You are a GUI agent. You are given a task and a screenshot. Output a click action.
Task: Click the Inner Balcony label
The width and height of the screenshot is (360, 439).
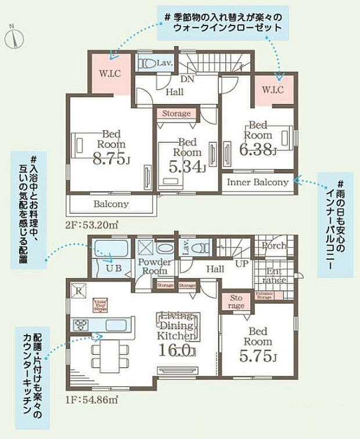tap(257, 182)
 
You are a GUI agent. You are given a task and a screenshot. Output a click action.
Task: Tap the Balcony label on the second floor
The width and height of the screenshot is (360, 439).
tap(111, 204)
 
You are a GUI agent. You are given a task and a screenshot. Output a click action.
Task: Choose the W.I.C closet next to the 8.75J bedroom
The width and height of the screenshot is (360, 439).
tap(109, 74)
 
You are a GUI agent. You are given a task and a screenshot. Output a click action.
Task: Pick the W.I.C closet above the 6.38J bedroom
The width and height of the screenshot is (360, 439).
tap(272, 90)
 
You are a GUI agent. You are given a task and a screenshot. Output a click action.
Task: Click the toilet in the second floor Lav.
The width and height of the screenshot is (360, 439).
tap(147, 63)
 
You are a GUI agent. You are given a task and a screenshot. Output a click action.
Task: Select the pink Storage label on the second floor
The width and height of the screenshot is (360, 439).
tap(176, 114)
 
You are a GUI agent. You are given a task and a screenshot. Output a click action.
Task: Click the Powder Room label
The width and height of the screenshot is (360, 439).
tap(154, 267)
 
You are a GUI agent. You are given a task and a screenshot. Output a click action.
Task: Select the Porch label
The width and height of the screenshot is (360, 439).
tap(273, 246)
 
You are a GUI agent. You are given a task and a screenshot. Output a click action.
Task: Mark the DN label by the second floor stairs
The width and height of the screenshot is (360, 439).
tap(187, 80)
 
